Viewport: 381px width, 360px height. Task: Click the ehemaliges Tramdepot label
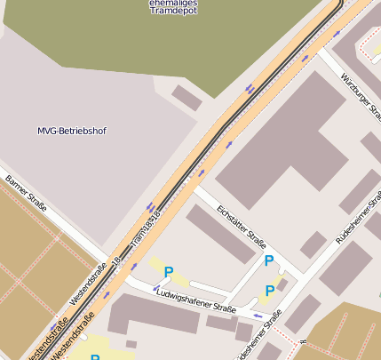[x=173, y=7]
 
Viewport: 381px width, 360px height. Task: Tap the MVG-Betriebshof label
[x=72, y=132]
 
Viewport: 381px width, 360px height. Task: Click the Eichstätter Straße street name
[x=242, y=228]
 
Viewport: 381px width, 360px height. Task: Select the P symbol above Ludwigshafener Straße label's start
[x=169, y=272]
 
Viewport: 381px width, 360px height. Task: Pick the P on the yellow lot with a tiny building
[x=270, y=291]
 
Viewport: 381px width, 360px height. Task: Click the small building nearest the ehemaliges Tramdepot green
[x=187, y=97]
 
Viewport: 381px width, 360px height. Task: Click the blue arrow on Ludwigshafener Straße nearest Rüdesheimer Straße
[x=258, y=316]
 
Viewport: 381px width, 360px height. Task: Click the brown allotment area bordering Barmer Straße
[x=36, y=267]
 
